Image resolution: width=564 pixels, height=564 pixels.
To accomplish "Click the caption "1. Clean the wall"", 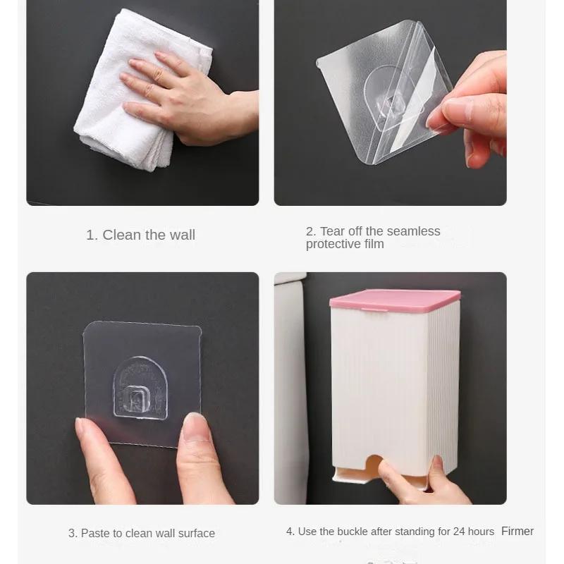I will (x=140, y=235).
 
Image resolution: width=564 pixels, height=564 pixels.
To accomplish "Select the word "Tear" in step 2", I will (x=333, y=231).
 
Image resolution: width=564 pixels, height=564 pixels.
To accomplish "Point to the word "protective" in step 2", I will (x=333, y=244).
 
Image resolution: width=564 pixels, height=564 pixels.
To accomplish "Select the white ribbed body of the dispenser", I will (x=395, y=381).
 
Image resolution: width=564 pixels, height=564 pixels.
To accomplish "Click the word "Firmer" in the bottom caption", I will (x=517, y=532).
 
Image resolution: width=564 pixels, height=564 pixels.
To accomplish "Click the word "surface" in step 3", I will (x=197, y=534).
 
